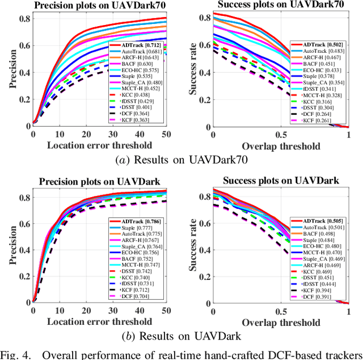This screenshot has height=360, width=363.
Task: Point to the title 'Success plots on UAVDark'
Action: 280,182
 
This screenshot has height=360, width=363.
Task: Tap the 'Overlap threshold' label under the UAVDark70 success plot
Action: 280,145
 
